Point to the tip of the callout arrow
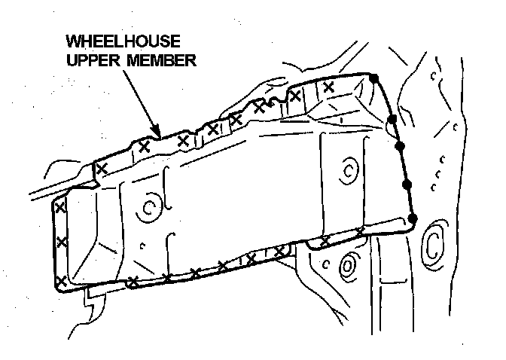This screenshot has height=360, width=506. (161, 136)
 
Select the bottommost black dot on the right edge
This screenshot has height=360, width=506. (412, 218)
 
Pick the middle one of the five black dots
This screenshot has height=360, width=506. (399, 146)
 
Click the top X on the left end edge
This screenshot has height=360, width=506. (59, 205)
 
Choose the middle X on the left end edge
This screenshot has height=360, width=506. (62, 242)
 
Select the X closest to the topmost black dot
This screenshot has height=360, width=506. (328, 87)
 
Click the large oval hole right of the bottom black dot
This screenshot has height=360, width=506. (434, 241)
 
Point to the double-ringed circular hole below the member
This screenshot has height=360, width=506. (348, 265)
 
